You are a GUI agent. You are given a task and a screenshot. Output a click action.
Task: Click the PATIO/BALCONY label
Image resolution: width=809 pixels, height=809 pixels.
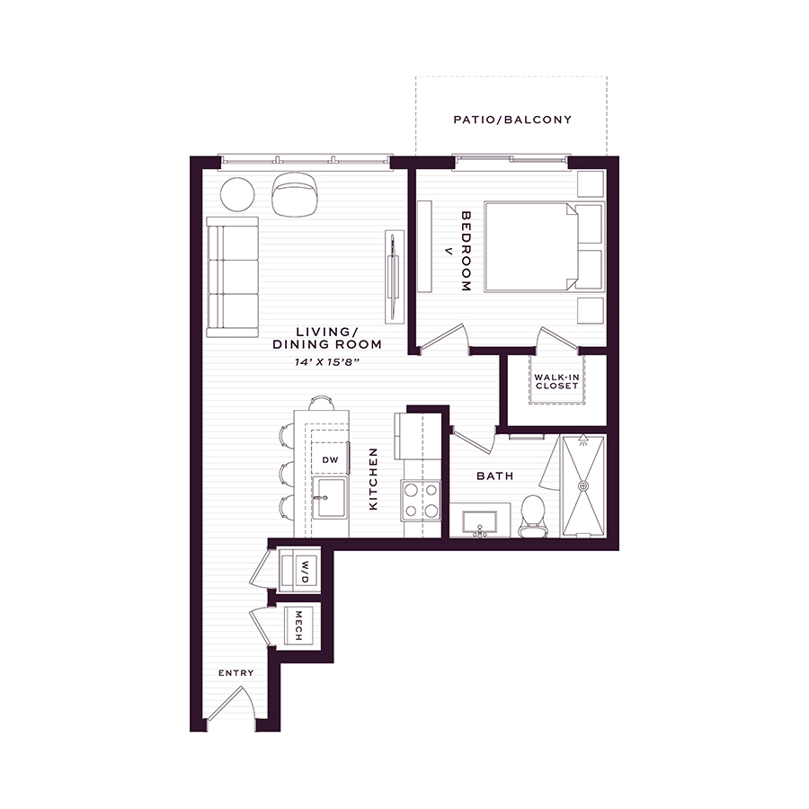[512, 120]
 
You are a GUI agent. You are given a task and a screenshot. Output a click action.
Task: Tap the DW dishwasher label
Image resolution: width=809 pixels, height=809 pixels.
[330, 459]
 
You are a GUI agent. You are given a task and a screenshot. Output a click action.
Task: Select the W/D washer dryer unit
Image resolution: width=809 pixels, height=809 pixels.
[299, 572]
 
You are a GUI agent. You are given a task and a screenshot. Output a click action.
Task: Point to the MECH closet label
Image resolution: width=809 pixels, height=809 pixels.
[298, 626]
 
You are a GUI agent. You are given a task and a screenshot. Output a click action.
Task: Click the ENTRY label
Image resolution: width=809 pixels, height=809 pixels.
[236, 672]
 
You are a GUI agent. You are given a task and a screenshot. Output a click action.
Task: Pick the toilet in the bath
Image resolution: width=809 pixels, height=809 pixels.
[533, 516]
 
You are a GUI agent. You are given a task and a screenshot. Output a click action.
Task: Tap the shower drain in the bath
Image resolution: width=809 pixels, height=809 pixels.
[583, 485]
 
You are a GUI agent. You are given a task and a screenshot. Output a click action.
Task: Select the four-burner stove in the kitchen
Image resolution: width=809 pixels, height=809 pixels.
[421, 501]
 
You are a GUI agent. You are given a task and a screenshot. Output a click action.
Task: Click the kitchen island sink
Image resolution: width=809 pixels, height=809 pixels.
[330, 498]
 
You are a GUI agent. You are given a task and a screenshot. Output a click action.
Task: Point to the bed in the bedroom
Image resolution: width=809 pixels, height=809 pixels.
[544, 247]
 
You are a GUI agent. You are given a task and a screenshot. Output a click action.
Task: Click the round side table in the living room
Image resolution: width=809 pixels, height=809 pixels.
[237, 194]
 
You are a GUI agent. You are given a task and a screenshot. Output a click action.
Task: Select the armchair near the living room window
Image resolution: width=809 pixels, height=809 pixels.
[296, 194]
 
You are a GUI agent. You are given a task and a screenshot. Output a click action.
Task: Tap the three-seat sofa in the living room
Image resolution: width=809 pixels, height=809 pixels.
[232, 277]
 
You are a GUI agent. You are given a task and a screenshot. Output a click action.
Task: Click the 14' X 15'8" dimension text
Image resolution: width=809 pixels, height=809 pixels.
[326, 362]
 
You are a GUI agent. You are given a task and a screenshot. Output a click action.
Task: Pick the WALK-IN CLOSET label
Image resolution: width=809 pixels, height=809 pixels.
[556, 382]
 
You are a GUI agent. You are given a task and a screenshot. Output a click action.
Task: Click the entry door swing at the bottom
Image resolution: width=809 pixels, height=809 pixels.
[231, 707]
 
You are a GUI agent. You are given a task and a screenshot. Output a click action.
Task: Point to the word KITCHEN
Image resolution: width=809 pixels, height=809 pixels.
[373, 479]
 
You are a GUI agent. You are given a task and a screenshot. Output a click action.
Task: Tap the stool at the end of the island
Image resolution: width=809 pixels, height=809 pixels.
[322, 403]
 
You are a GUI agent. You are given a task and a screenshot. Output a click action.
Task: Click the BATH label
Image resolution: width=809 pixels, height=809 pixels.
[494, 476]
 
